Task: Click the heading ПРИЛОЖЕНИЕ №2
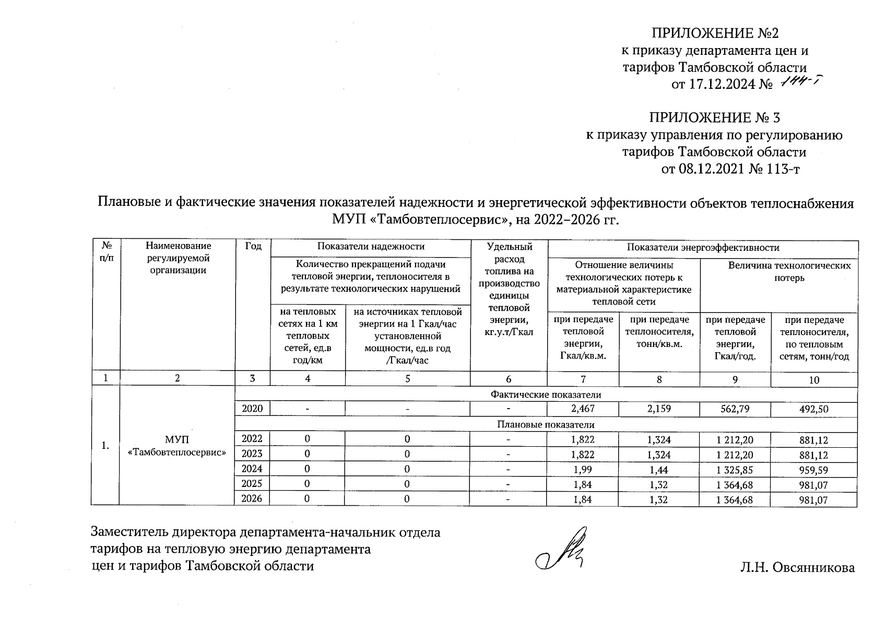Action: (715, 33)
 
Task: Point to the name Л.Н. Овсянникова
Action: (797, 568)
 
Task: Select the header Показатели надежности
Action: (371, 247)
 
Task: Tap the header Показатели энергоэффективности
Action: (703, 248)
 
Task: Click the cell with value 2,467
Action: (583, 409)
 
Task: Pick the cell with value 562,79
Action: (735, 409)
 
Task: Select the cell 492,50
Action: (814, 409)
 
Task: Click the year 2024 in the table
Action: (253, 469)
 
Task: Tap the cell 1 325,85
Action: (735, 470)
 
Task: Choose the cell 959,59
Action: (814, 470)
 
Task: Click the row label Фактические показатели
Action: (546, 394)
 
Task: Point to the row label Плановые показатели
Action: (546, 424)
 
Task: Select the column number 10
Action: (814, 380)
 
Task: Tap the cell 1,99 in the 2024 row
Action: (583, 470)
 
